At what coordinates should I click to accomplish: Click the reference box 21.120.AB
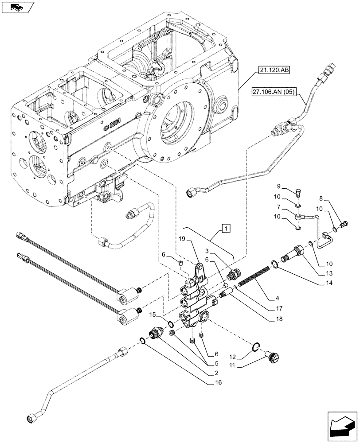(273, 70)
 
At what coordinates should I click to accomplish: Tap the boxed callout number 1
(226, 229)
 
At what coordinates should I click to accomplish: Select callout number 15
(152, 315)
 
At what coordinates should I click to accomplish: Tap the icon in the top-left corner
(17, 7)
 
